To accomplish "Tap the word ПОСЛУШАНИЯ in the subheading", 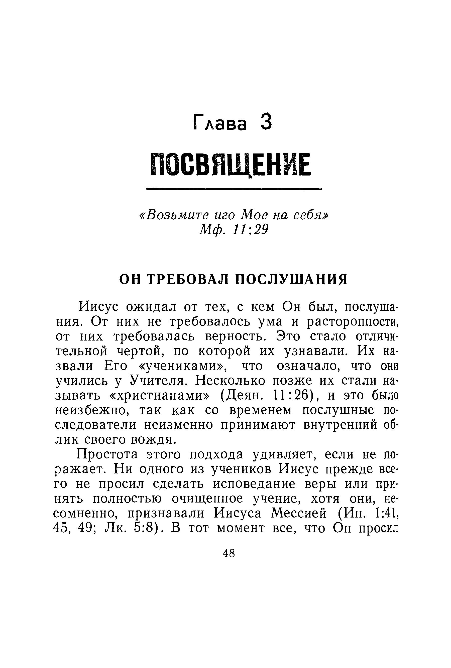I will (291, 279).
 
